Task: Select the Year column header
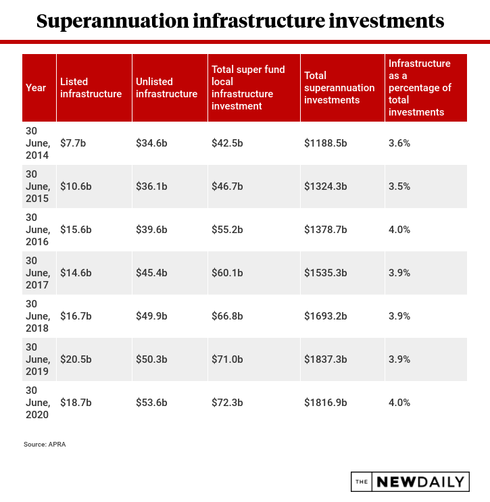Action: coord(36,88)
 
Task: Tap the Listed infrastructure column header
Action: coord(91,88)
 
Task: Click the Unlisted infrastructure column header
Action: coord(166,88)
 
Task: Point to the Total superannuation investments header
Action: coord(339,88)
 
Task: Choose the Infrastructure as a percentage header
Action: coord(420,88)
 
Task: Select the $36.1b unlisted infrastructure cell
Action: coord(151,186)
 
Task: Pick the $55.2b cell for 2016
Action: coord(227,230)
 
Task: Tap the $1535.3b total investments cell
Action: coord(326,273)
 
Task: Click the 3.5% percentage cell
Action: coord(399,186)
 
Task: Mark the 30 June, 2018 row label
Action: coord(37,316)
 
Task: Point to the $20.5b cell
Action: coord(75,359)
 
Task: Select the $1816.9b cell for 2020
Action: coord(326,403)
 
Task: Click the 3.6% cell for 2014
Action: coord(399,143)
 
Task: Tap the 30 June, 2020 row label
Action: coord(37,403)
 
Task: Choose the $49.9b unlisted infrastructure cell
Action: coord(151,316)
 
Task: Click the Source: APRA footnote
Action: coord(45,445)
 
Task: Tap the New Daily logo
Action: coord(410,482)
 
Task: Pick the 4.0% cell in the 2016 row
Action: coord(399,230)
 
